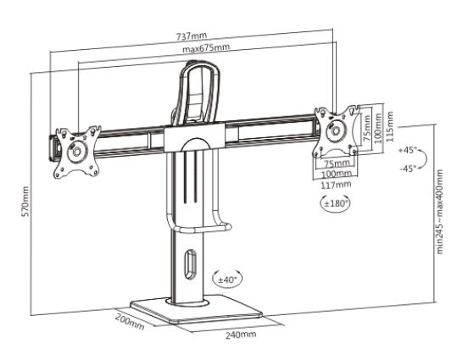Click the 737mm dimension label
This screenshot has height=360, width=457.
192,36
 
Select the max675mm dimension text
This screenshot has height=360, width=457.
206,48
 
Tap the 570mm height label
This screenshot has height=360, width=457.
25,202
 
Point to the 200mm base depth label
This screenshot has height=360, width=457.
130,322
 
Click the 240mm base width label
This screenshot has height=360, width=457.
241,335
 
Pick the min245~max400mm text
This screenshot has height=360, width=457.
439,212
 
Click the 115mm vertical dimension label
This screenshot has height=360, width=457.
389,126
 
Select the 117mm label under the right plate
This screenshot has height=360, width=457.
336,185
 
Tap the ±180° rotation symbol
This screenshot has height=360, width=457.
335,202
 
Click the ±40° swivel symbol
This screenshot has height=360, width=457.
227,280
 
